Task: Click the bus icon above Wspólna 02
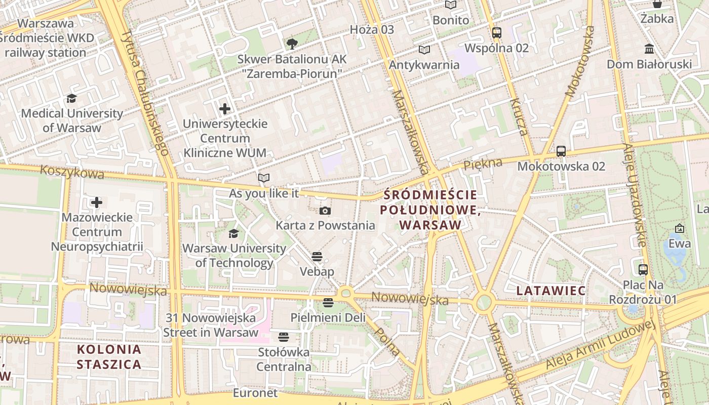[496, 33]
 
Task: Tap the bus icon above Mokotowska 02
[561, 151]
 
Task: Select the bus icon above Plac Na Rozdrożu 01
[643, 269]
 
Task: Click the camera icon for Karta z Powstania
[325, 211]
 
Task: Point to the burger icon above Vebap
[317, 257]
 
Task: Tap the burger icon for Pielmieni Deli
[328, 303]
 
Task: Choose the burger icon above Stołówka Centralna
[283, 337]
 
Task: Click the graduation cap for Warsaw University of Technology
[233, 233]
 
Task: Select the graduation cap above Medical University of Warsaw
[71, 98]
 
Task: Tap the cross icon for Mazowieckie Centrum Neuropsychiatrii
[96, 202]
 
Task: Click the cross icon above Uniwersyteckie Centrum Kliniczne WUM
[225, 108]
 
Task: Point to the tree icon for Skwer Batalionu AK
[292, 44]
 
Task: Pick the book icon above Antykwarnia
[424, 50]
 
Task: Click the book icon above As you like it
[263, 178]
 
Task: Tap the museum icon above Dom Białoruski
[649, 49]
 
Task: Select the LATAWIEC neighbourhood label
[551, 291]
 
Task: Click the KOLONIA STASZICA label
[109, 356]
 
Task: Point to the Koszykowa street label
[72, 172]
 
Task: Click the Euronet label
[255, 393]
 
